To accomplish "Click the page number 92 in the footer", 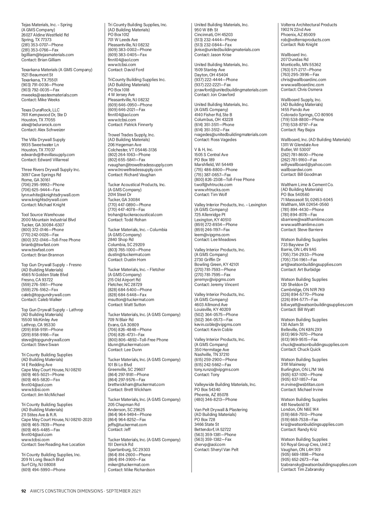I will click(x=23, y=491).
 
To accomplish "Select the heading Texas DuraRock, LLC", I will click(x=41, y=110).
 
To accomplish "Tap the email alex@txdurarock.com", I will click(x=41, y=125).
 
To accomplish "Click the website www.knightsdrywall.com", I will click(x=45, y=200).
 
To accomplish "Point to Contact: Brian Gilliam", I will click(x=41, y=60).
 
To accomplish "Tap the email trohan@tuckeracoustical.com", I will click(x=135, y=215).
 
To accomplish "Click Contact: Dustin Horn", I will click(x=127, y=260).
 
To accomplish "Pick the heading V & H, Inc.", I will click(x=204, y=150).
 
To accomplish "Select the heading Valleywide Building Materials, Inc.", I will click(x=225, y=385).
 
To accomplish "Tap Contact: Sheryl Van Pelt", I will click(x=216, y=449).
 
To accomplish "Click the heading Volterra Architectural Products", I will click(x=309, y=25).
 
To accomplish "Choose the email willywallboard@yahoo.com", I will click(x=306, y=165).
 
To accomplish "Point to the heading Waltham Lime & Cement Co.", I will click(x=307, y=185).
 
